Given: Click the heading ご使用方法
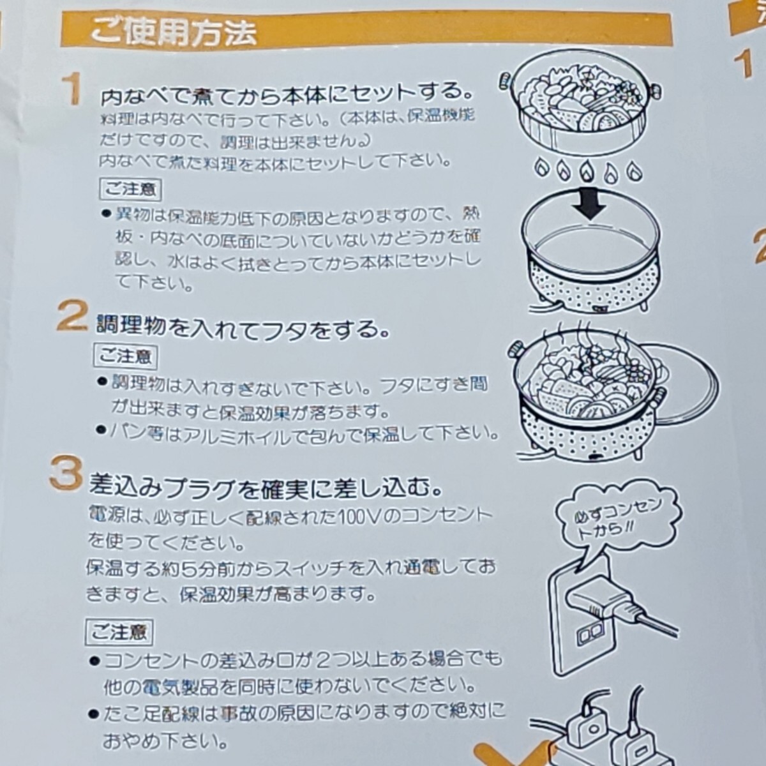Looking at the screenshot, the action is click(173, 33).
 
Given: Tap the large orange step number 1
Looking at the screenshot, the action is click(73, 90).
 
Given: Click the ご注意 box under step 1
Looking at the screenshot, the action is click(130, 190).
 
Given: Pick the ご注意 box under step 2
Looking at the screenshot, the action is click(126, 357).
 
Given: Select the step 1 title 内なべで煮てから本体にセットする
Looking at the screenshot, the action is click(287, 96).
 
